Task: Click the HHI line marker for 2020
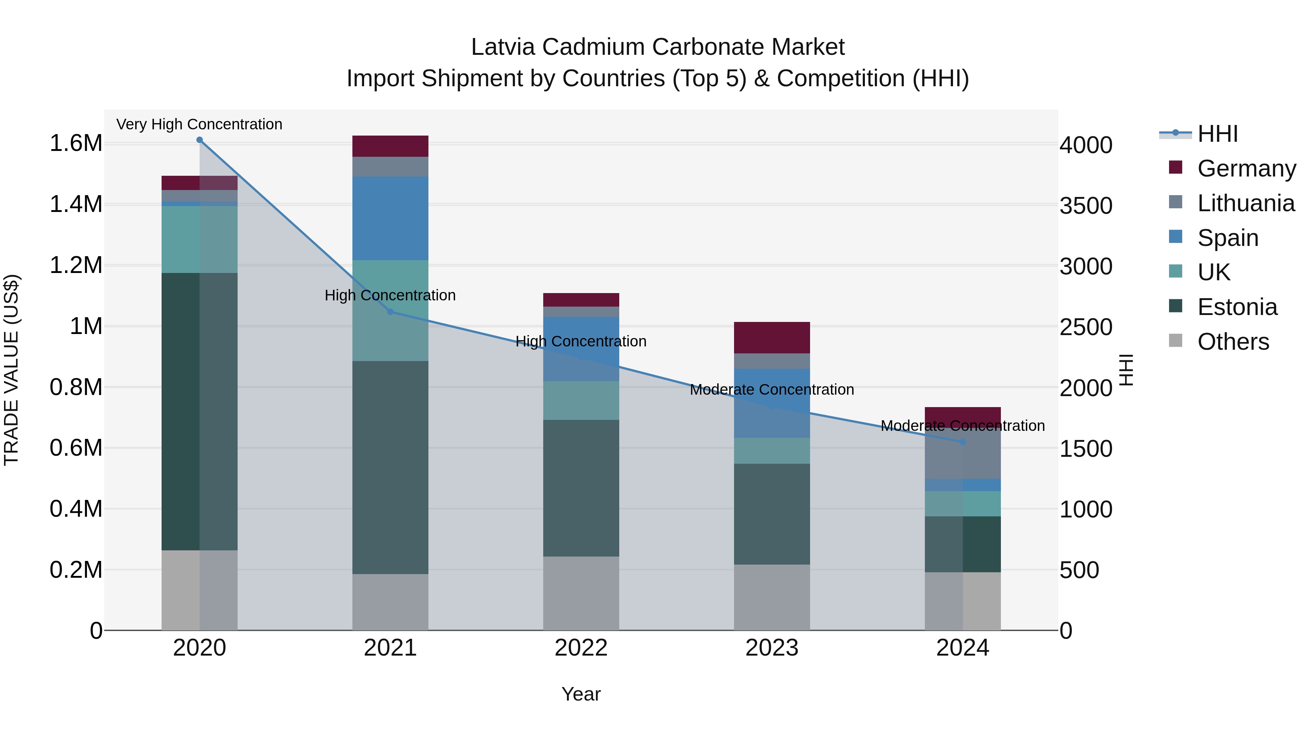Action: point(199,140)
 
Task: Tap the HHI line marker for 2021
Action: point(390,311)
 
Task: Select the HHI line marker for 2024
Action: point(963,442)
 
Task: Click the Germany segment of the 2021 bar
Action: point(390,146)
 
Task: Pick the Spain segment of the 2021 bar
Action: point(390,218)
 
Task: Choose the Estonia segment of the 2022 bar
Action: point(581,488)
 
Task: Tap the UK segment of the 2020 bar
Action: point(199,239)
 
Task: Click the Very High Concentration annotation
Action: point(199,124)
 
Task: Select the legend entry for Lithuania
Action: point(1245,203)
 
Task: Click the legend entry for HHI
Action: point(1217,134)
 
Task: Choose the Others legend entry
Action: point(1232,342)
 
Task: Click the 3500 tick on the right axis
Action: point(1086,206)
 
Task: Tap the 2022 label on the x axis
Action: point(581,648)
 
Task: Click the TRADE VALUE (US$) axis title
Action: point(11,370)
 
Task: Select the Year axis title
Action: point(581,694)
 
